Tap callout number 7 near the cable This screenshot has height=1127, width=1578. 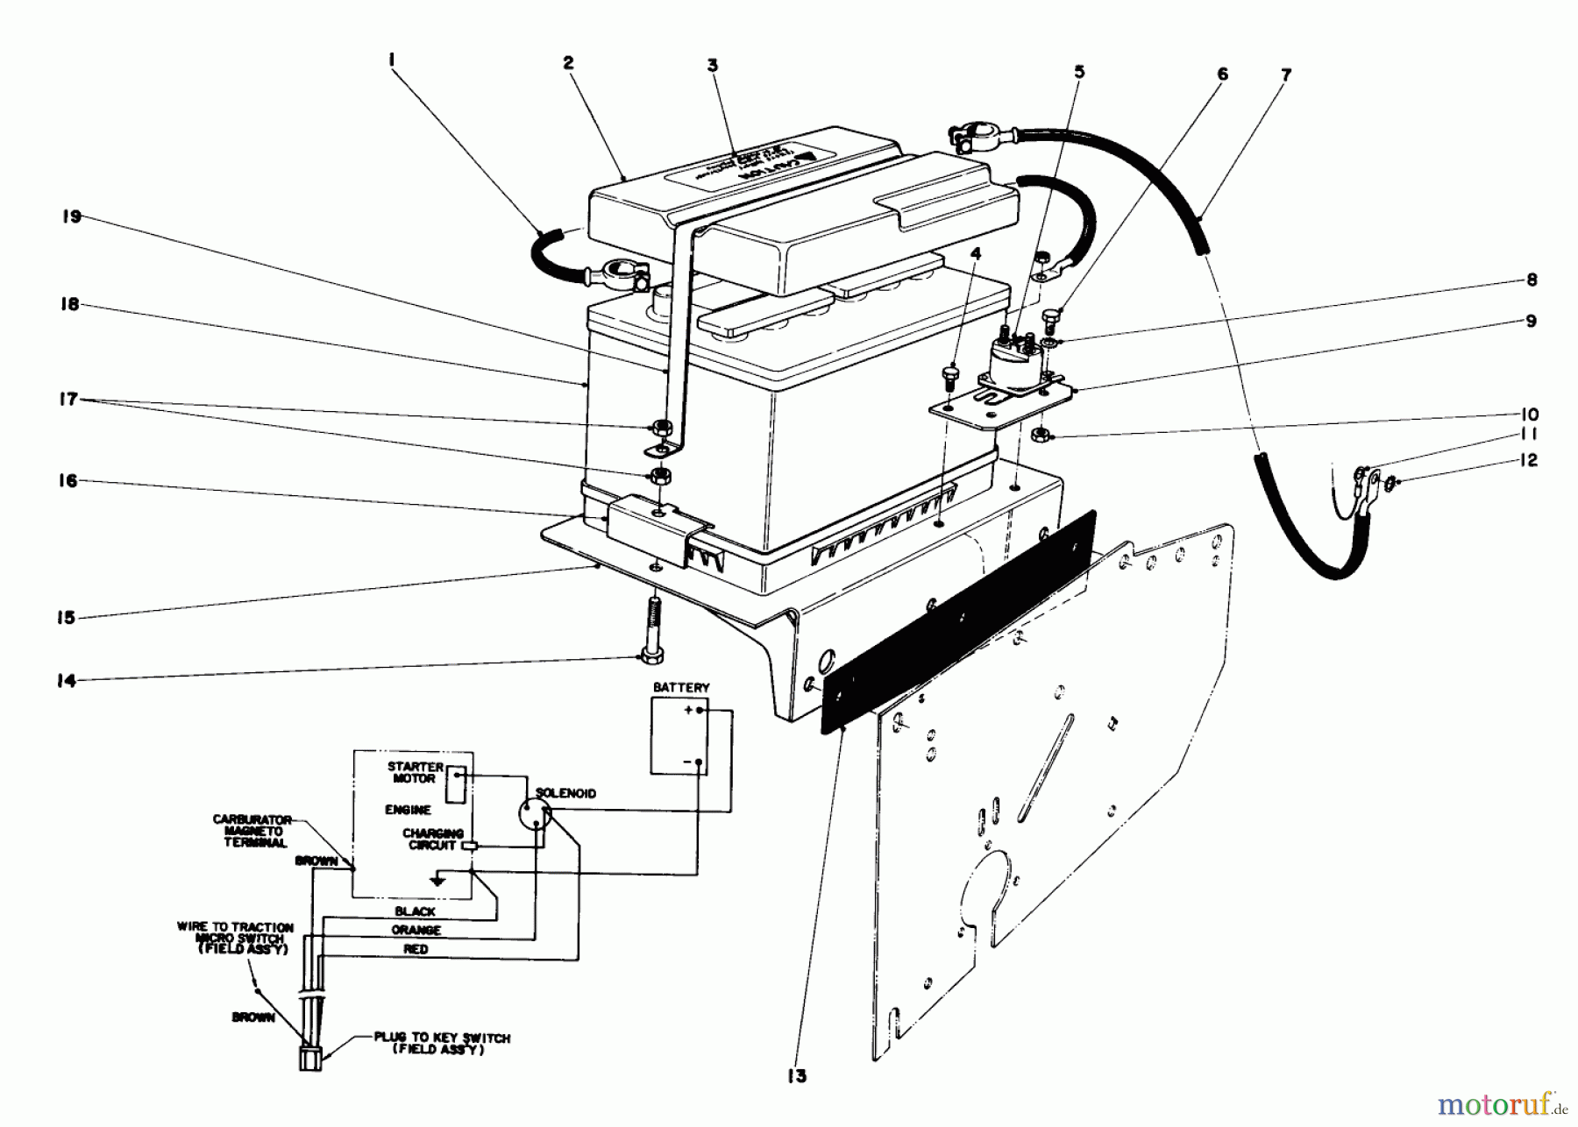[1286, 75]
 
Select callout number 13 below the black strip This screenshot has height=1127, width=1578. [796, 1076]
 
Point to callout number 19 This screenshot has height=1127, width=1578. [72, 216]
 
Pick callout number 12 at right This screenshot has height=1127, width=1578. [1529, 461]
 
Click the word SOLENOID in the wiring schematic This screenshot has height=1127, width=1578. [565, 793]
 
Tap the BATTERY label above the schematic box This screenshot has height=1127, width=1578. [680, 688]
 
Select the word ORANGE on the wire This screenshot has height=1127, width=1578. [416, 930]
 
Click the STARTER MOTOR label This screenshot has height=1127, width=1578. [415, 772]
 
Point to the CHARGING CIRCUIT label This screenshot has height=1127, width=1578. [432, 840]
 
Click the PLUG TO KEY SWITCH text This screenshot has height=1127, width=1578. [441, 1043]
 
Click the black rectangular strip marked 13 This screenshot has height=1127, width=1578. [956, 622]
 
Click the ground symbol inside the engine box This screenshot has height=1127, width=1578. [438, 879]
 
